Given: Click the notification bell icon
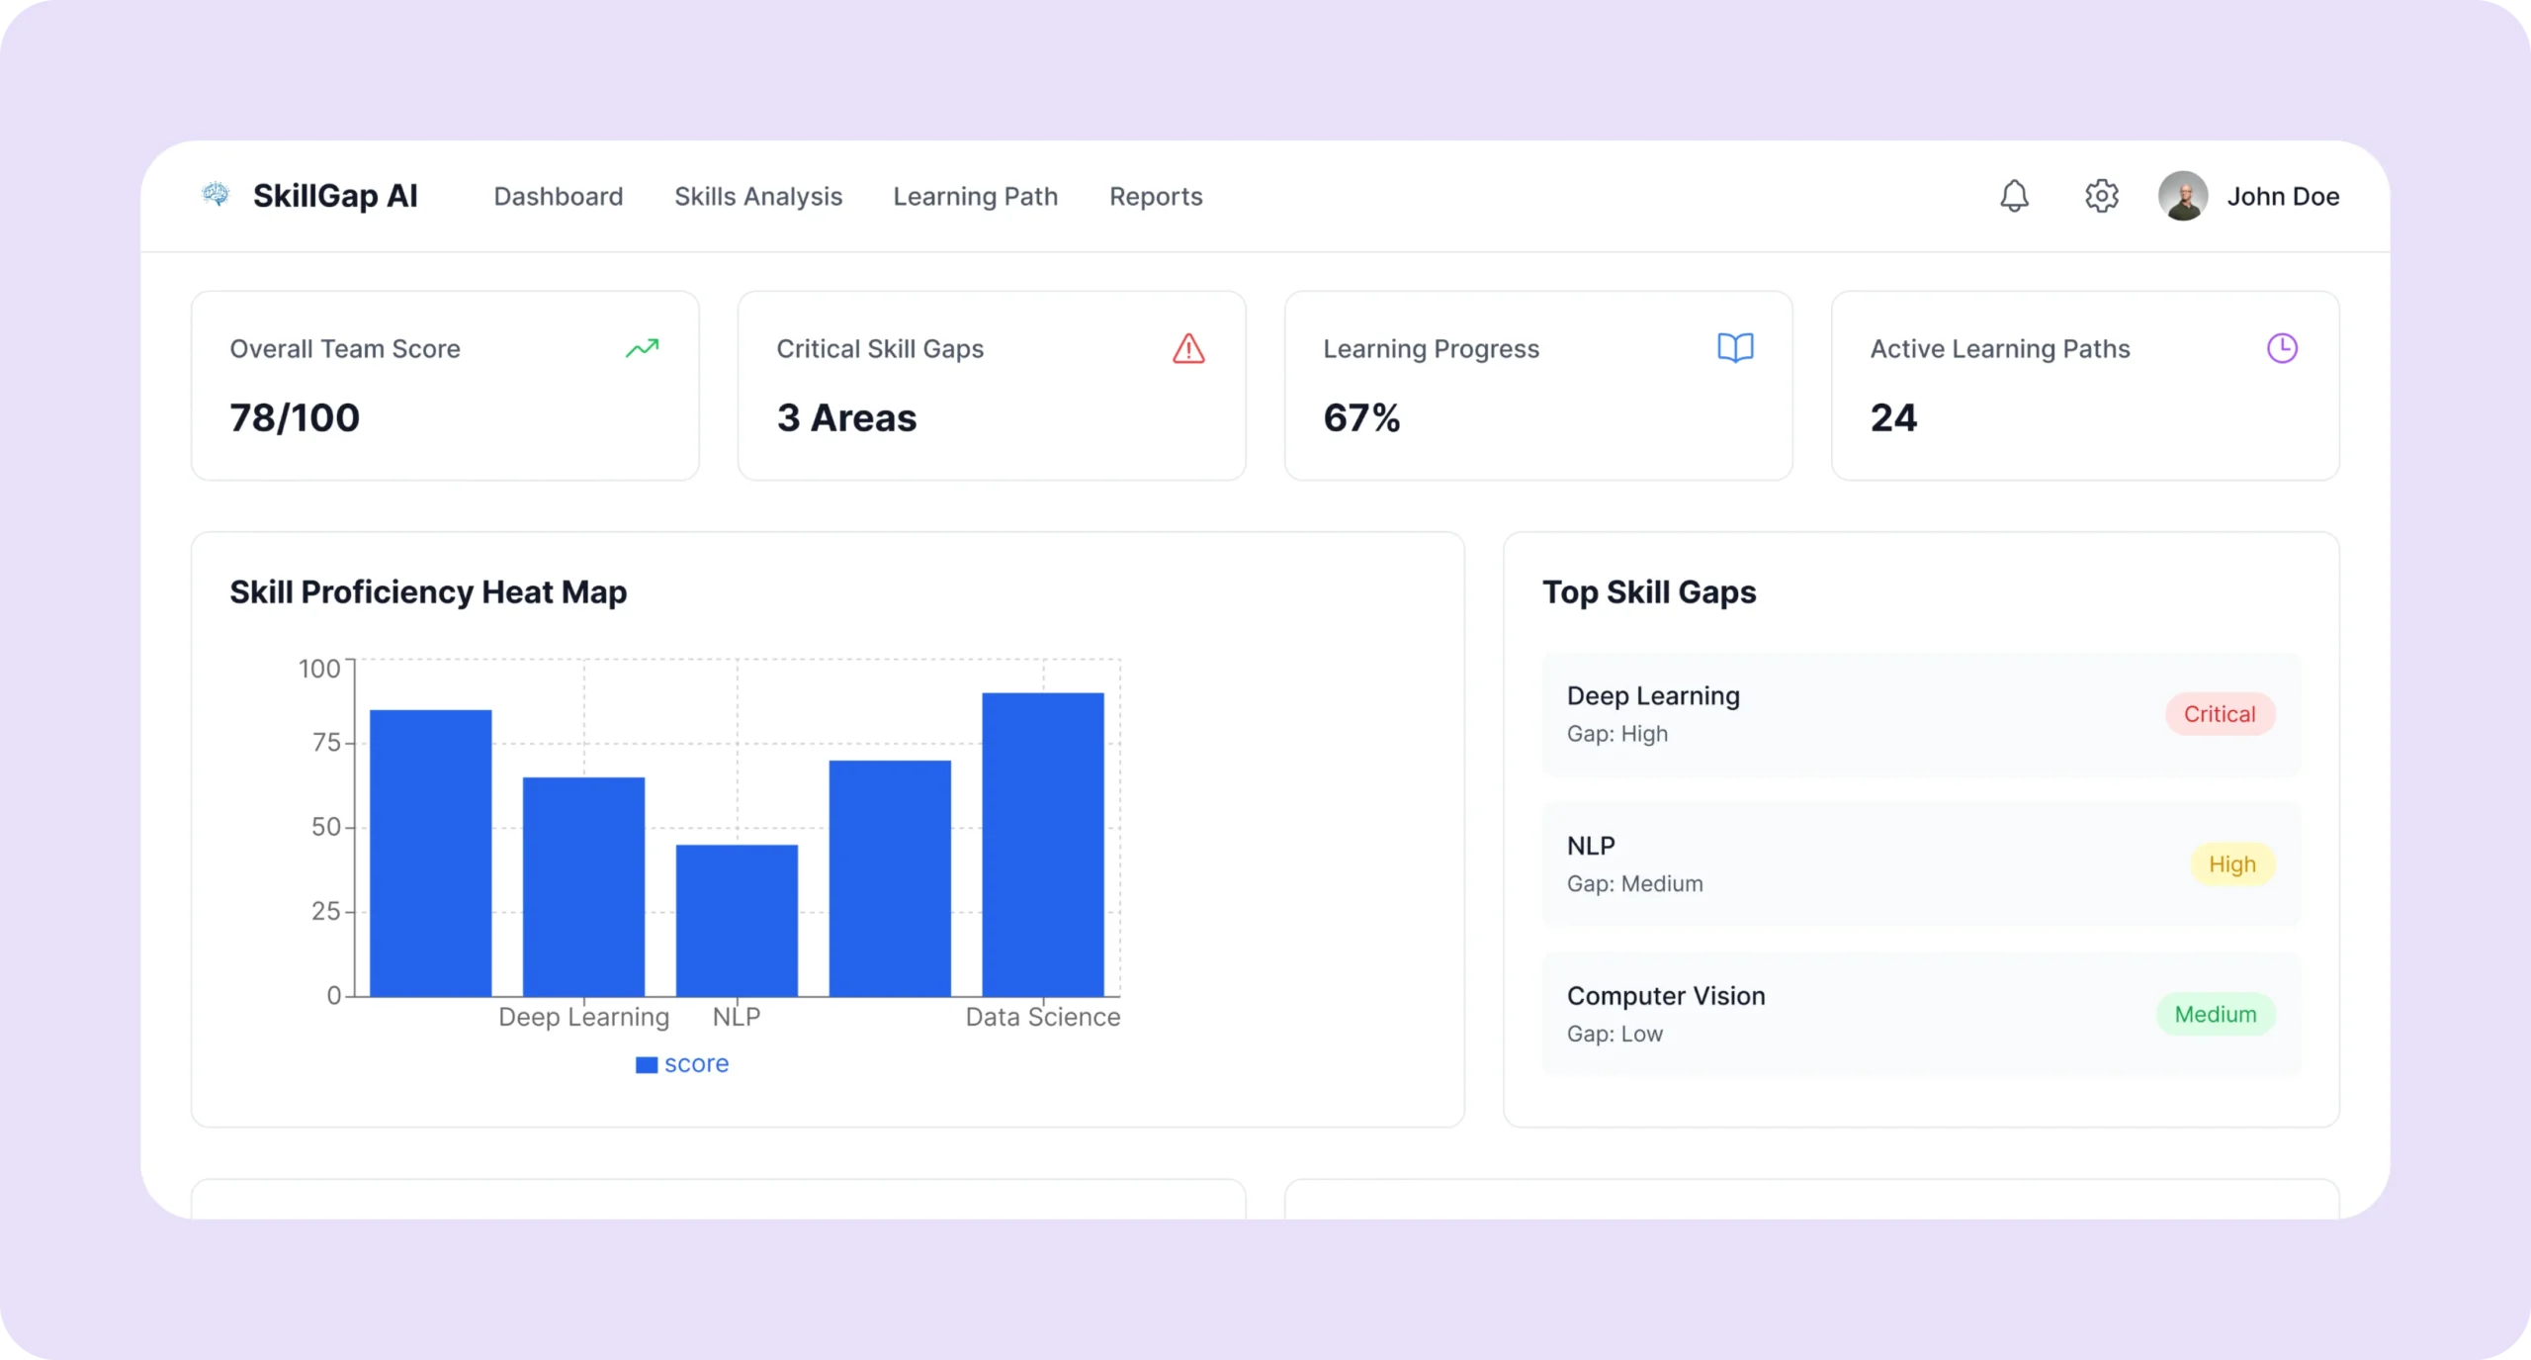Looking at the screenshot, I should [2014, 196].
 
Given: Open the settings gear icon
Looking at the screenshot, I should [2101, 196].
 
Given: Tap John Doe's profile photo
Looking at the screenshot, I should [2182, 196].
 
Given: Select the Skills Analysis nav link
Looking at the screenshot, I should [758, 197].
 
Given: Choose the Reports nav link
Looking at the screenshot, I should [1156, 197].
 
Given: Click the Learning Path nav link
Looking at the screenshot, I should [975, 197].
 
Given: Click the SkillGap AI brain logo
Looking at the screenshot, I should [216, 194].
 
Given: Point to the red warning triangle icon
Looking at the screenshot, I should [1188, 348].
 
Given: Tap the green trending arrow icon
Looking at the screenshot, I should [642, 348].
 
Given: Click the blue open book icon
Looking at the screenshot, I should [1735, 348].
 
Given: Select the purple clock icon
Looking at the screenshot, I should [2282, 348].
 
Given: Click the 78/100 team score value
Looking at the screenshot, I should [295, 418].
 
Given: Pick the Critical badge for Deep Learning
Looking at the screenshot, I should [2220, 714].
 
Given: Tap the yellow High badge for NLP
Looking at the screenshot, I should [2232, 864].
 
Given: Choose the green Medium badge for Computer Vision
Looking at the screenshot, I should [2216, 1015].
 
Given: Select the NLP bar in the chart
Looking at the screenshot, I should [737, 920].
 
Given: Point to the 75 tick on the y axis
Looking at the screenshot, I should [326, 743].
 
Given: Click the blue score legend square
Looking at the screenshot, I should [647, 1065].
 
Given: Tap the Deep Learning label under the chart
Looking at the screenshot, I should [583, 1017].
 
